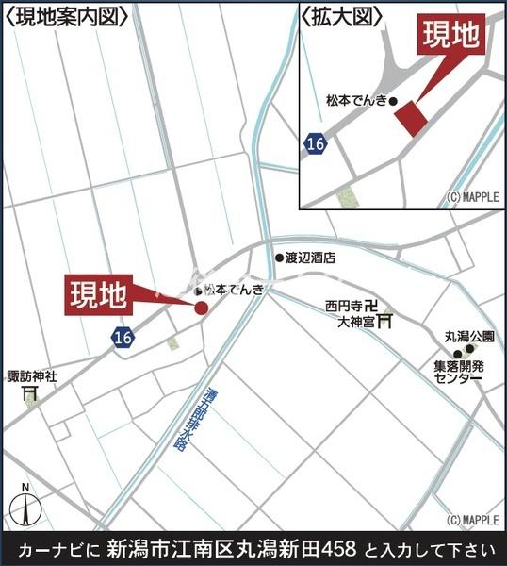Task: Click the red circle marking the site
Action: coord(201,307)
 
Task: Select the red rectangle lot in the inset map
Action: coord(410,119)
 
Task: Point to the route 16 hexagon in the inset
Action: coord(316,143)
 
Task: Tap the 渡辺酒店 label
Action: coord(310,257)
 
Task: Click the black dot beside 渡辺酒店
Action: coord(279,257)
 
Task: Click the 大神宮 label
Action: coord(355,322)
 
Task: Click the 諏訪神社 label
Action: coord(32,375)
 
